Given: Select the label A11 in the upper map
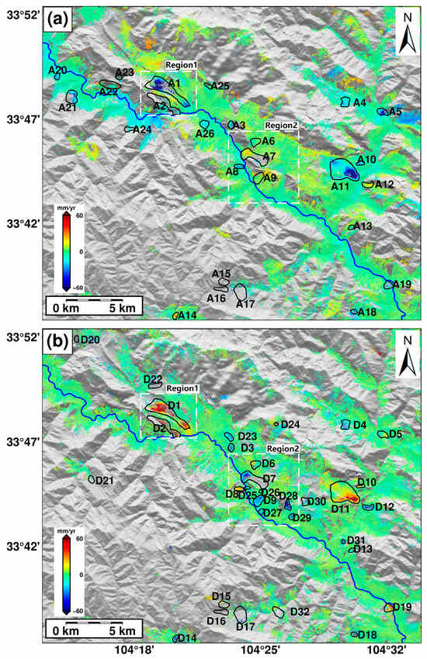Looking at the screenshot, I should click(x=340, y=187).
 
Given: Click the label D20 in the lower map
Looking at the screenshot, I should click(x=90, y=340).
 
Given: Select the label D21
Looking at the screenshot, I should click(x=105, y=481).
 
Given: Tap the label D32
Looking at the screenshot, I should click(x=300, y=612).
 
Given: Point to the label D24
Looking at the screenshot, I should click(x=290, y=424).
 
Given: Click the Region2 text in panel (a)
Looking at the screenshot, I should click(x=280, y=125).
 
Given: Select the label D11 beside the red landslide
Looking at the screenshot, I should click(x=340, y=509).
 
